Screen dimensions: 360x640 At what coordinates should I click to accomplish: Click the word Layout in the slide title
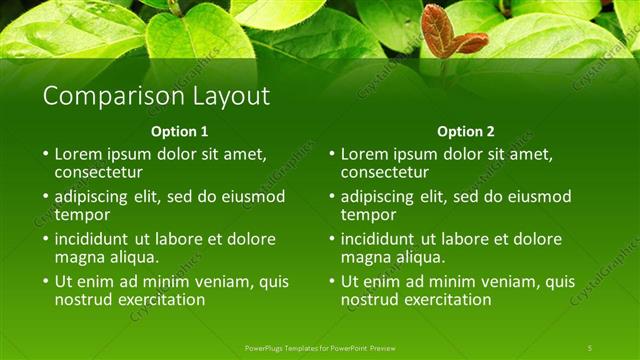click(x=224, y=97)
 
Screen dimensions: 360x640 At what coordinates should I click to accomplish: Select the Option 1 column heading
click(x=180, y=131)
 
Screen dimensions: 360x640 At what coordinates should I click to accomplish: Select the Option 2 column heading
click(x=466, y=131)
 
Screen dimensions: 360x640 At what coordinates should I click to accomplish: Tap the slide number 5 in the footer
click(x=590, y=347)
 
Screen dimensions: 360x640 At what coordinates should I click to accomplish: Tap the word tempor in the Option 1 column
click(x=82, y=214)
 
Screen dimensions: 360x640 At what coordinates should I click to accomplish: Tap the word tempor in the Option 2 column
click(x=368, y=214)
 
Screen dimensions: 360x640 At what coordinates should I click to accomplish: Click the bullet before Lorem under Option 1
click(x=45, y=155)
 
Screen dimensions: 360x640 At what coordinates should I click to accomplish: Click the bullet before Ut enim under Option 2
click(x=331, y=282)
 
